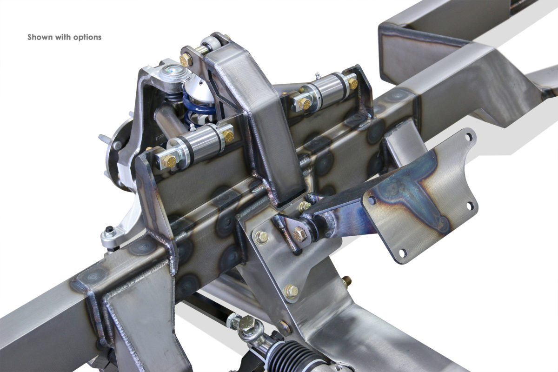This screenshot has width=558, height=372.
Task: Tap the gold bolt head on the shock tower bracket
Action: (186, 60)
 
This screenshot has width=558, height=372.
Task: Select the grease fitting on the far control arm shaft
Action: (317, 75)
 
